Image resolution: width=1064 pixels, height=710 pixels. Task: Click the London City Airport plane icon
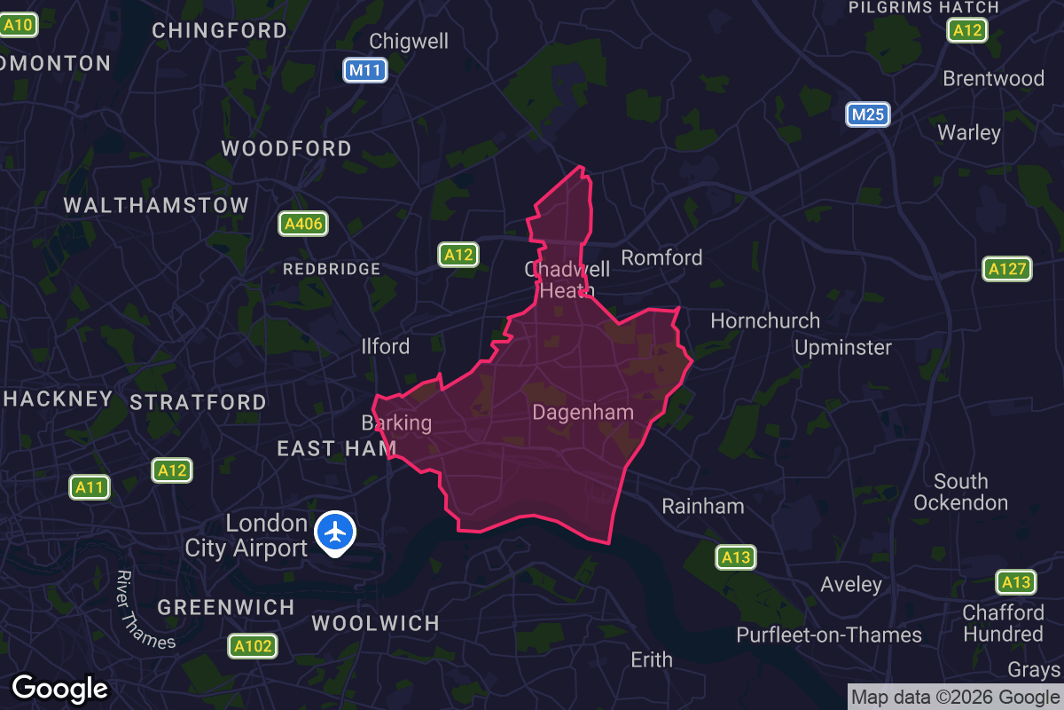[x=335, y=533]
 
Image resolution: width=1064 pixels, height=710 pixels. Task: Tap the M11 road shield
[x=365, y=70]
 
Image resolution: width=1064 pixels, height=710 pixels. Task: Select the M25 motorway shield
[x=867, y=114]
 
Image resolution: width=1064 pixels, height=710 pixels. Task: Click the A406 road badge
[x=303, y=224]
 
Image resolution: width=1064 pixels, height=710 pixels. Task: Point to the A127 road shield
[x=1007, y=269]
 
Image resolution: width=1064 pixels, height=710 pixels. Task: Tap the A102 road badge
[x=252, y=646]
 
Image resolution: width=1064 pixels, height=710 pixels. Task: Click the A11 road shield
[x=90, y=486]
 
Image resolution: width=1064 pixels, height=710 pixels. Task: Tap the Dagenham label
[x=583, y=412]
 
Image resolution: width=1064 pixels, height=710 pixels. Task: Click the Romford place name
[x=661, y=257]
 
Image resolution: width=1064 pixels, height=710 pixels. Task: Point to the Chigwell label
[x=409, y=41]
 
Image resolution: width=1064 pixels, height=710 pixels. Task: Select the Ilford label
[x=386, y=346]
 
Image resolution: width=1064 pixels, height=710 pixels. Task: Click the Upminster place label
[x=842, y=347]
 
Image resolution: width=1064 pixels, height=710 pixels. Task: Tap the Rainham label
[x=703, y=507]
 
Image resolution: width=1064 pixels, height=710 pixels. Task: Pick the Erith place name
[x=651, y=659]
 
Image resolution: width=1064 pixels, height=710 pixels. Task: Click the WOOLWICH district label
[x=375, y=623]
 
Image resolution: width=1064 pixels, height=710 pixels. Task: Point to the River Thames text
[x=137, y=609]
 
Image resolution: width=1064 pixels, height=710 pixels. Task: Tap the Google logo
[x=59, y=688]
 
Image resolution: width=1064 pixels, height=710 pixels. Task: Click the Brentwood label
[x=993, y=78]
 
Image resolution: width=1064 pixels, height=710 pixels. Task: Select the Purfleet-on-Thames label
[x=828, y=635]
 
